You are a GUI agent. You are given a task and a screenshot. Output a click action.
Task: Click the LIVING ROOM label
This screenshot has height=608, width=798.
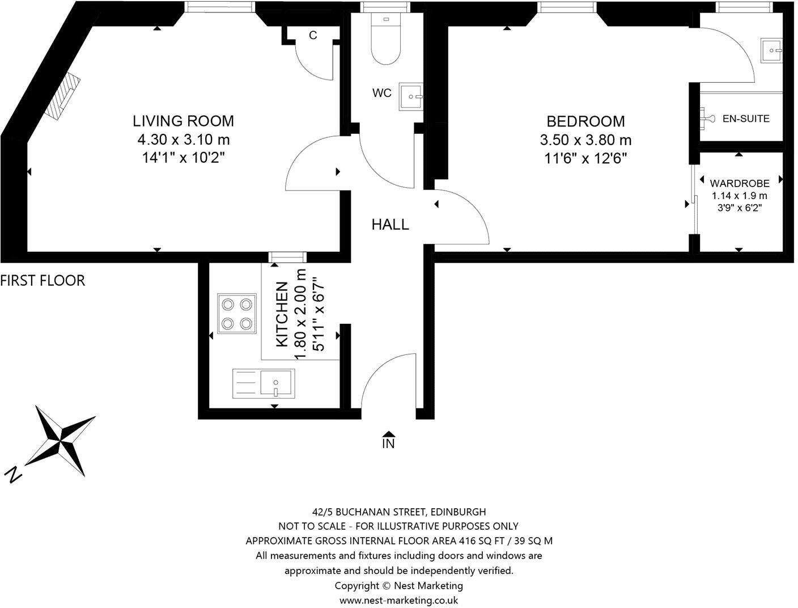pyautogui.click(x=183, y=121)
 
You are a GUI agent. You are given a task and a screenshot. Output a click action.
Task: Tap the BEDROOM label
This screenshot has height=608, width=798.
pyautogui.click(x=585, y=121)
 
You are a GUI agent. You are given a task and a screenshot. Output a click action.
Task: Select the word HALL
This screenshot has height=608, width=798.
pyautogui.click(x=390, y=225)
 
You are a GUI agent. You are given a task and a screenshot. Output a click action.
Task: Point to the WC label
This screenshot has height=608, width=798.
pyautogui.click(x=382, y=93)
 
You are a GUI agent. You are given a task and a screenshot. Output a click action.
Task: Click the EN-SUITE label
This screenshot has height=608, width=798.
pyautogui.click(x=746, y=119)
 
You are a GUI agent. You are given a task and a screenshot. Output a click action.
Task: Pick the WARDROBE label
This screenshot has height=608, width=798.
pyautogui.click(x=740, y=183)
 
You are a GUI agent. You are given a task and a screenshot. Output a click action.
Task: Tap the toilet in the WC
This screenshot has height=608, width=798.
pyautogui.click(x=386, y=39)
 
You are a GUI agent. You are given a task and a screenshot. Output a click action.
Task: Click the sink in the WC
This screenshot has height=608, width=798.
pyautogui.click(x=411, y=96)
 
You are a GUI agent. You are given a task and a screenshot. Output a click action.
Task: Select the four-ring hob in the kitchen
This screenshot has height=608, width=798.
pyautogui.click(x=237, y=314)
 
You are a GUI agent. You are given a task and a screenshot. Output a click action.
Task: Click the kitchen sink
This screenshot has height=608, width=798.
pyautogui.click(x=264, y=383)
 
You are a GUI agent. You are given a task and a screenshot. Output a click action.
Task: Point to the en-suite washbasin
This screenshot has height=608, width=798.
pyautogui.click(x=771, y=50)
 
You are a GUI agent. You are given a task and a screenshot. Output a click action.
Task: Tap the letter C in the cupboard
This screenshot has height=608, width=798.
pyautogui.click(x=313, y=35)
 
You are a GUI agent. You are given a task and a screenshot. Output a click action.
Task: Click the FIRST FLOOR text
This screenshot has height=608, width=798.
pyautogui.click(x=43, y=280)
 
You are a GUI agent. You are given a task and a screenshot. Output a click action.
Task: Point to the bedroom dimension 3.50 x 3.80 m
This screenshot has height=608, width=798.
pyautogui.click(x=585, y=140)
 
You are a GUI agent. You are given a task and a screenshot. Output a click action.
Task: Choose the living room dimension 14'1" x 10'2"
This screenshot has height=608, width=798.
pyautogui.click(x=183, y=158)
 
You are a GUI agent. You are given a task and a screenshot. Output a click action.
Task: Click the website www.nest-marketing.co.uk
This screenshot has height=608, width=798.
pyautogui.click(x=399, y=600)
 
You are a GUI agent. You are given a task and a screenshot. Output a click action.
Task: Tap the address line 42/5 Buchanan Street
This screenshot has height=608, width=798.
pyautogui.click(x=399, y=512)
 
